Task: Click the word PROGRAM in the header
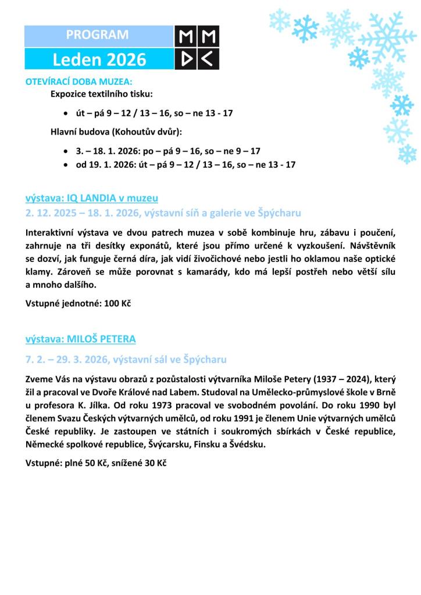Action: click(97, 35)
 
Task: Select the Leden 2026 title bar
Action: click(99, 59)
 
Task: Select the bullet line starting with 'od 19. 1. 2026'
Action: click(185, 164)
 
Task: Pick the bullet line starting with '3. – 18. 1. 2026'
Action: click(168, 150)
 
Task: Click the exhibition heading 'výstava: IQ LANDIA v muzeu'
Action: click(92, 198)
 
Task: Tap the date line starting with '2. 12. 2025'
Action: click(163, 213)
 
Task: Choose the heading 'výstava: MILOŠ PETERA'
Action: click(81, 338)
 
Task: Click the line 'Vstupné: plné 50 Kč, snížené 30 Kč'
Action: click(96, 464)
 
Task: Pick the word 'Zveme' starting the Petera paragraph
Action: click(40, 378)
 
